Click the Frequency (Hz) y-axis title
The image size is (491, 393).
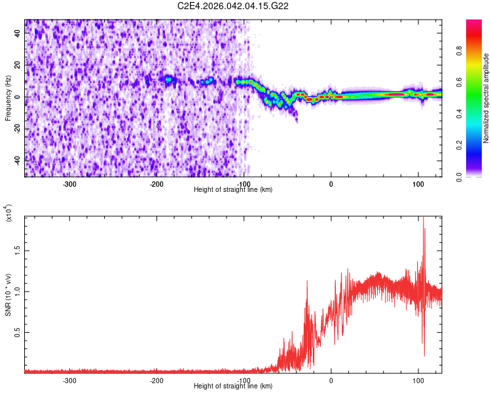coord(8,98)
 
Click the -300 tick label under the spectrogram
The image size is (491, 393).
coord(69,184)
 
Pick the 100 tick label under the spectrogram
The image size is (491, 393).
coord(418,184)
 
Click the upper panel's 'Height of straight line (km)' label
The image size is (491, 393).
coord(234,190)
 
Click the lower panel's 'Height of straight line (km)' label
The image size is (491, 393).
coord(234,386)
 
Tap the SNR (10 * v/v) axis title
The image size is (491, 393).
coord(8,294)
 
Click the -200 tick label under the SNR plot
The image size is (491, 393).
coord(156,381)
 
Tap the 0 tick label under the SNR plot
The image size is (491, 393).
coord(331,381)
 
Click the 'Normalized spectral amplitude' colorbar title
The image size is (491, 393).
coord(486,98)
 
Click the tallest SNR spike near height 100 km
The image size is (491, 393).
coord(423,219)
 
